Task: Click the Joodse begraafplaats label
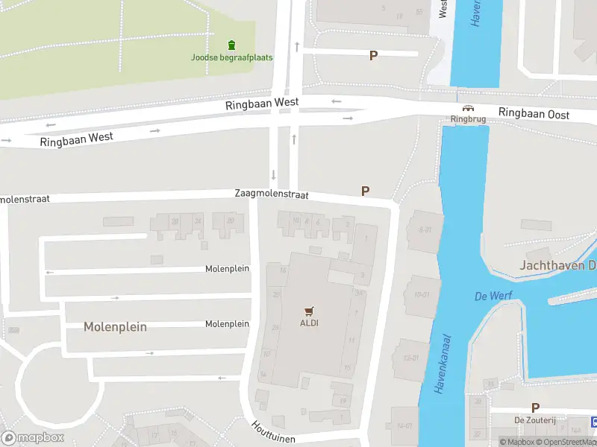coord(231,57)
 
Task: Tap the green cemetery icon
coord(231,45)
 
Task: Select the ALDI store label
coord(309,323)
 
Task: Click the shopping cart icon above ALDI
coord(309,311)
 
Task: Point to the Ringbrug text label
coord(468,118)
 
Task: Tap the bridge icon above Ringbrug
coord(468,108)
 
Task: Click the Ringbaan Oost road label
coord(534,114)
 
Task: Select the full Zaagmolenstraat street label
coord(272,194)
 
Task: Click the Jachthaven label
coord(557,265)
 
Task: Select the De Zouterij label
coord(535,420)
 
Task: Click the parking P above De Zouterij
coord(535,408)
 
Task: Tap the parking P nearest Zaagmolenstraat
coord(366,191)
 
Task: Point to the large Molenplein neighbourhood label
coord(115,327)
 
